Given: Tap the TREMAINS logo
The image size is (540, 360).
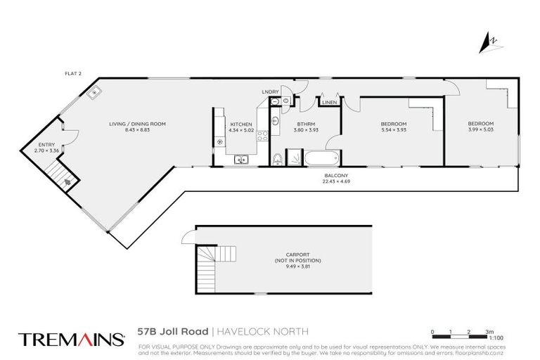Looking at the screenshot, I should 71,340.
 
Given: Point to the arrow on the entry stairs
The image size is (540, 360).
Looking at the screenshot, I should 68,181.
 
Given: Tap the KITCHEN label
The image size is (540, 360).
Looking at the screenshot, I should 240,124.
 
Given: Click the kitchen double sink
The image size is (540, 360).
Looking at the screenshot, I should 241,160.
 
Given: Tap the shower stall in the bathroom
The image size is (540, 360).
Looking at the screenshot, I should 295,158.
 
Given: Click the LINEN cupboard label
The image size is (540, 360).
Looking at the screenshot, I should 328,103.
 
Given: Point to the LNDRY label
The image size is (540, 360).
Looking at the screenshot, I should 270,92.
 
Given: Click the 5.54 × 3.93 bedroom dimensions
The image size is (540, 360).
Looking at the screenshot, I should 393,130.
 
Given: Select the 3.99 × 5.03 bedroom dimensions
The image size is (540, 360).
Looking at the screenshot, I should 481,130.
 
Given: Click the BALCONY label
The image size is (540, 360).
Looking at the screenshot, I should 334,175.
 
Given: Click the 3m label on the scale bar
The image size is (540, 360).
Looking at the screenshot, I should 489,330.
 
